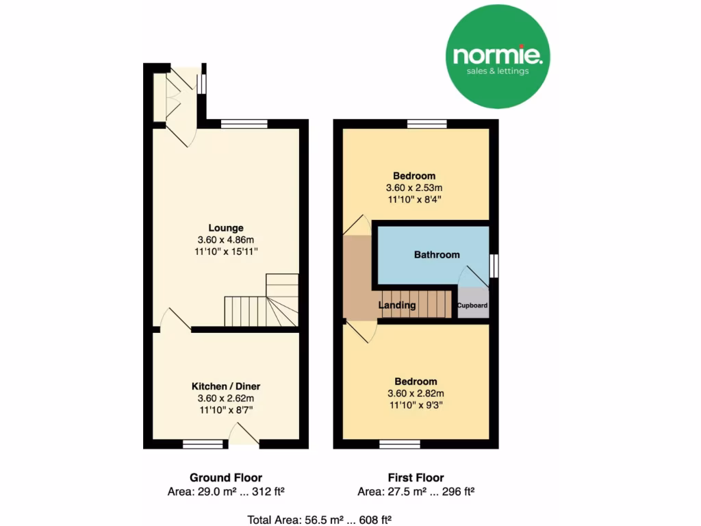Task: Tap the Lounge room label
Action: pos(226,228)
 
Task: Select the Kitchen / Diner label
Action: pos(226,386)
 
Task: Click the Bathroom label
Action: pos(437,255)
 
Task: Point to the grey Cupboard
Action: pos(472,305)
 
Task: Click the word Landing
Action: pos(397,305)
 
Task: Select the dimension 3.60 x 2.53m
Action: pos(414,188)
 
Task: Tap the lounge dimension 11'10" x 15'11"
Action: pos(226,252)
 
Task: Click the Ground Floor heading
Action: pos(225,478)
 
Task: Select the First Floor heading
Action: pos(416,478)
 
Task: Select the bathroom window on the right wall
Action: pos(494,266)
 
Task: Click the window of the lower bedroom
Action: pos(400,444)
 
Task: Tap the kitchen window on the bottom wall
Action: pos(203,444)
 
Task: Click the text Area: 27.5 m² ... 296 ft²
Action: pos(416,492)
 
